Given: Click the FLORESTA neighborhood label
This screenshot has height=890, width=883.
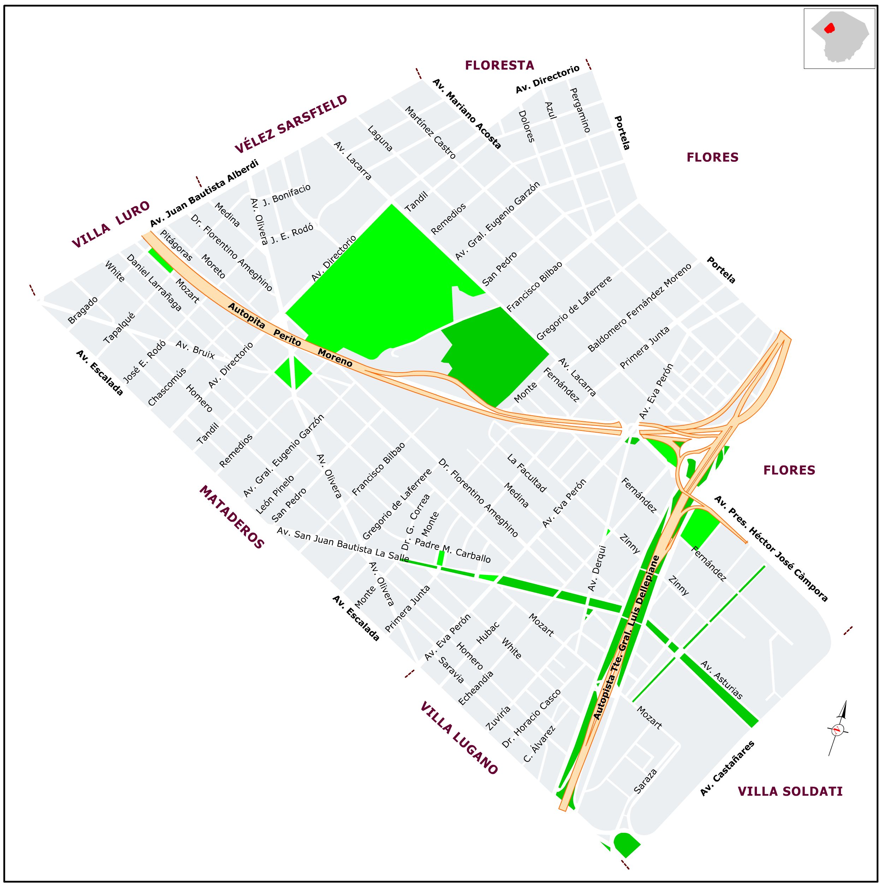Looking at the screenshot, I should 499,65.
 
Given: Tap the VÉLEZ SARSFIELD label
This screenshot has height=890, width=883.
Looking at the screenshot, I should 291,124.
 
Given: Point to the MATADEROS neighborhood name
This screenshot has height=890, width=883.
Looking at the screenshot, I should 232,517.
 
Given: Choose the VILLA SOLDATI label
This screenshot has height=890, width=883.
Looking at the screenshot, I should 790,791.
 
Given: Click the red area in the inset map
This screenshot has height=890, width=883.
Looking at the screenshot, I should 829,28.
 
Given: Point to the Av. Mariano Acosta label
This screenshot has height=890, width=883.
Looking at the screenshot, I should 467,114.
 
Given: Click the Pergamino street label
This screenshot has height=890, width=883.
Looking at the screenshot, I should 580,110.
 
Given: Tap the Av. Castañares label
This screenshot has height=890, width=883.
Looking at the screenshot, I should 727,768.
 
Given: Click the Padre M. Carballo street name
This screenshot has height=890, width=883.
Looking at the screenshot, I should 453,550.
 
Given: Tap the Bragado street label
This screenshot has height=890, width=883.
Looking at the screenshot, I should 83,310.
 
